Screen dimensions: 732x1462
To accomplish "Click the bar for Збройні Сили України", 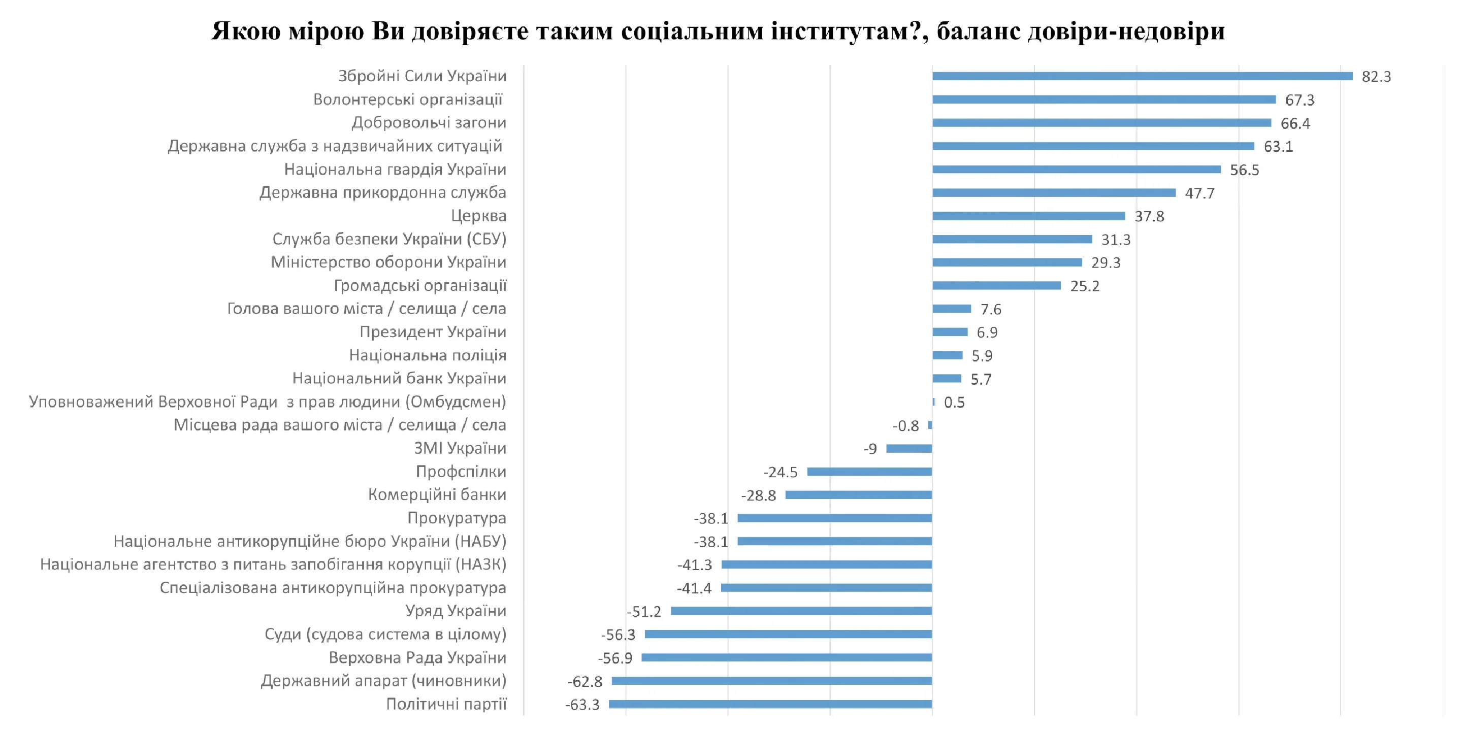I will (1142, 76).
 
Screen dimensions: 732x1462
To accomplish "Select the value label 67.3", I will (1299, 100).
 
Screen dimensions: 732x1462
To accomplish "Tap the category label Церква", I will (478, 216).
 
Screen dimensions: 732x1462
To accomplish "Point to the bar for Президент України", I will (950, 332).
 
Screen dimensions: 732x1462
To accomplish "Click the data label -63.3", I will (582, 705).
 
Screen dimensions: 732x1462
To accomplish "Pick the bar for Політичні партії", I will (770, 704).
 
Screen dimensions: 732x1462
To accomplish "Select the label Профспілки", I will (461, 472).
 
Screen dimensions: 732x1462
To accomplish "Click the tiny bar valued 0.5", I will (933, 402).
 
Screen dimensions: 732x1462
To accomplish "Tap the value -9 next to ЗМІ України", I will (870, 449).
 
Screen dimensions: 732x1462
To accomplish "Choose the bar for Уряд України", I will (801, 611).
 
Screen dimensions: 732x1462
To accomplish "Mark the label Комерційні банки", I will (437, 495).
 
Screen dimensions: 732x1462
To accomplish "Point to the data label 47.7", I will (1199, 193).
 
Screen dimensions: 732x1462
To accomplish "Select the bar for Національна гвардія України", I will (1076, 169).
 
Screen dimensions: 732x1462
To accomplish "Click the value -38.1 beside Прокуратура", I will (710, 519).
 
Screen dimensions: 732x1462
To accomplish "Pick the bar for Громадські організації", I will (996, 285).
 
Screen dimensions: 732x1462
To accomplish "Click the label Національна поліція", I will (428, 355).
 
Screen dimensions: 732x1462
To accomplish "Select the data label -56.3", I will (618, 635).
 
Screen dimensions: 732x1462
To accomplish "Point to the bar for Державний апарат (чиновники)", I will (771, 681).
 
